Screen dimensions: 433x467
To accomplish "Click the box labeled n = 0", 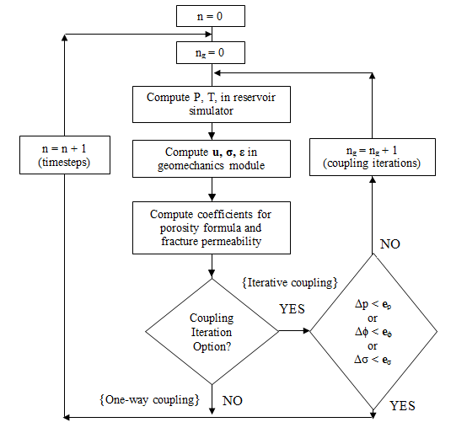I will tap(212, 15).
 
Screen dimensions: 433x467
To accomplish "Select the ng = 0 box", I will tap(212, 54).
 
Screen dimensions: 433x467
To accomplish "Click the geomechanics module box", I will tap(212, 158).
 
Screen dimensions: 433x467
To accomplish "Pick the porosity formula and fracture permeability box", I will tap(212, 227).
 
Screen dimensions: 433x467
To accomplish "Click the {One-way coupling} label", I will tap(149, 397).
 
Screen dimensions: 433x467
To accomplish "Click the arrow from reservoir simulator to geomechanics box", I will tap(212, 130).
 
